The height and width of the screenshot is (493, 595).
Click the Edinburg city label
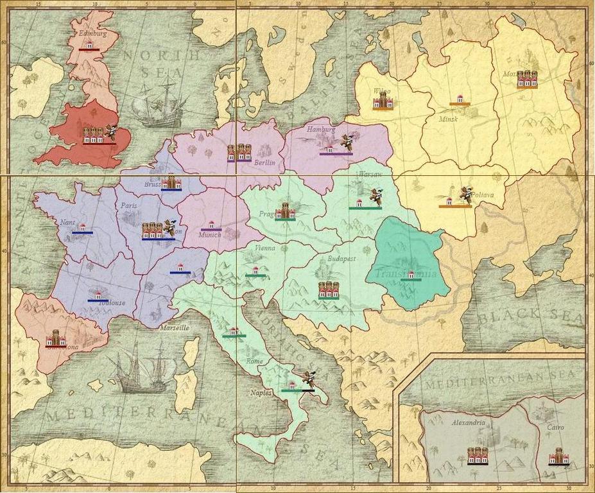coord(91,33)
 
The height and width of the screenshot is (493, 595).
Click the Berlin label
coord(264,163)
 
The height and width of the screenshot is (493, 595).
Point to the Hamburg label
coord(321,129)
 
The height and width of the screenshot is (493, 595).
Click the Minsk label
coord(449,119)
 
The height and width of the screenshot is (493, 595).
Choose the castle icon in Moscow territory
coord(528,78)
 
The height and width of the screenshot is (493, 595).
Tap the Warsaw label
coord(370,174)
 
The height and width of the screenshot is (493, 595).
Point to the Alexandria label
coord(468,423)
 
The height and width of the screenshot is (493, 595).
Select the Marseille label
coord(174,327)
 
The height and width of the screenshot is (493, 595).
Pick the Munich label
coord(209,235)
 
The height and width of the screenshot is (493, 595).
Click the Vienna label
coord(264,248)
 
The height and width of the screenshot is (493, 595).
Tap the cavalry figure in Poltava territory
coord(466,193)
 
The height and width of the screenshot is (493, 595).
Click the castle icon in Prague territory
coord(285,210)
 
